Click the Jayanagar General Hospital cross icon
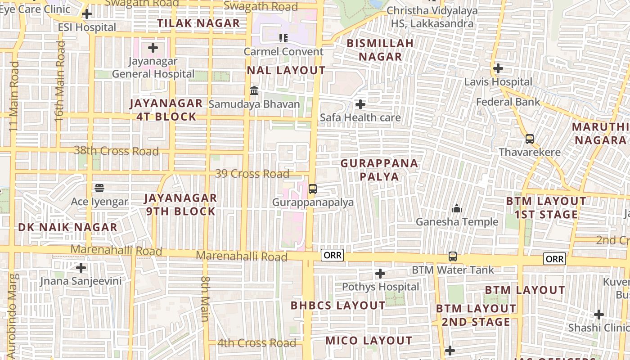click(x=153, y=47)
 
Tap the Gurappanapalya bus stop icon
click(x=313, y=189)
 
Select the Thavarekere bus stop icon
click(x=530, y=139)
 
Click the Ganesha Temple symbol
click(x=457, y=209)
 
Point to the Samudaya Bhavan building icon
click(x=254, y=91)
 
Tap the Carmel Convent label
click(x=283, y=52)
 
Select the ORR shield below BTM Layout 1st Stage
click(x=554, y=259)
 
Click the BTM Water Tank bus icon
click(x=453, y=256)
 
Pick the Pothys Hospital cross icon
click(x=380, y=274)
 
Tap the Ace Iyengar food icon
click(x=99, y=188)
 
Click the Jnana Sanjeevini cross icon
click(x=81, y=268)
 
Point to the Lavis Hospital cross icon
click(x=498, y=68)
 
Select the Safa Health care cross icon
click(x=360, y=104)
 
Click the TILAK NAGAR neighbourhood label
click(x=198, y=23)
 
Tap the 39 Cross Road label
click(x=252, y=174)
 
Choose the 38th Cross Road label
click(x=116, y=151)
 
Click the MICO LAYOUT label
click(x=369, y=341)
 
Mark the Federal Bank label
click(x=508, y=102)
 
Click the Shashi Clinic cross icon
click(x=598, y=314)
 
